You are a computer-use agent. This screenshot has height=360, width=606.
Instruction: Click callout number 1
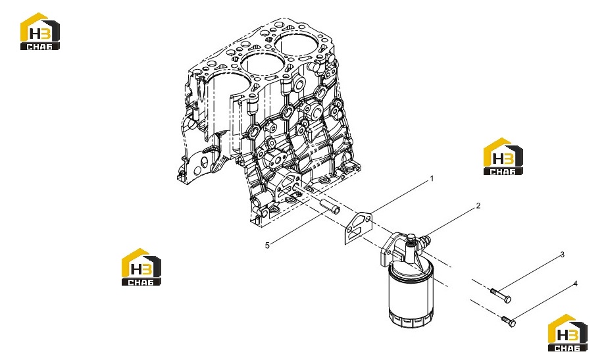tap(432, 179)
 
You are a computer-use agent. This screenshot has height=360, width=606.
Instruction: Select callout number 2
tap(478, 206)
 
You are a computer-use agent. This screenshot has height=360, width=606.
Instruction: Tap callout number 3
tap(563, 255)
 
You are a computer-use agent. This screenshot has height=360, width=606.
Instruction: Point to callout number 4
tap(576, 284)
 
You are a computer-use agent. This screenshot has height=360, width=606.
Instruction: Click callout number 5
tap(267, 245)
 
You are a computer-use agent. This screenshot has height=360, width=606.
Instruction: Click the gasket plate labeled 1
tap(358, 228)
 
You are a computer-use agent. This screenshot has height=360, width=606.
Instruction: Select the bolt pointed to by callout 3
tap(501, 296)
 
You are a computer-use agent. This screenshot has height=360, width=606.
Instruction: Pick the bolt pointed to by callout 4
tap(507, 321)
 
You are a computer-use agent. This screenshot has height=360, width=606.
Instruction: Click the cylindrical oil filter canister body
tap(411, 296)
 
